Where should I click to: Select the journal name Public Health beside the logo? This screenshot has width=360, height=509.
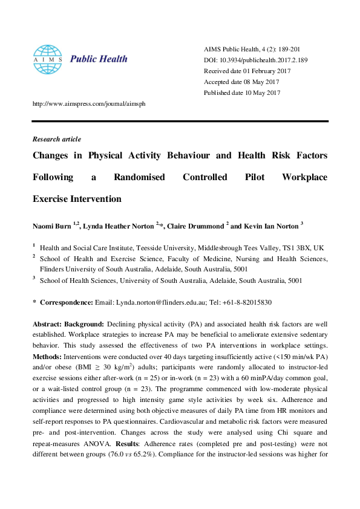(99, 59)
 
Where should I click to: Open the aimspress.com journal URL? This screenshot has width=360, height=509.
(89, 103)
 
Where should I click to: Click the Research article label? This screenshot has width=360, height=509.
(56, 139)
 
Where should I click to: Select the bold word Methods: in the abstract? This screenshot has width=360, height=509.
(47, 357)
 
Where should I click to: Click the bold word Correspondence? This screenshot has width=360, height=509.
(66, 302)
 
